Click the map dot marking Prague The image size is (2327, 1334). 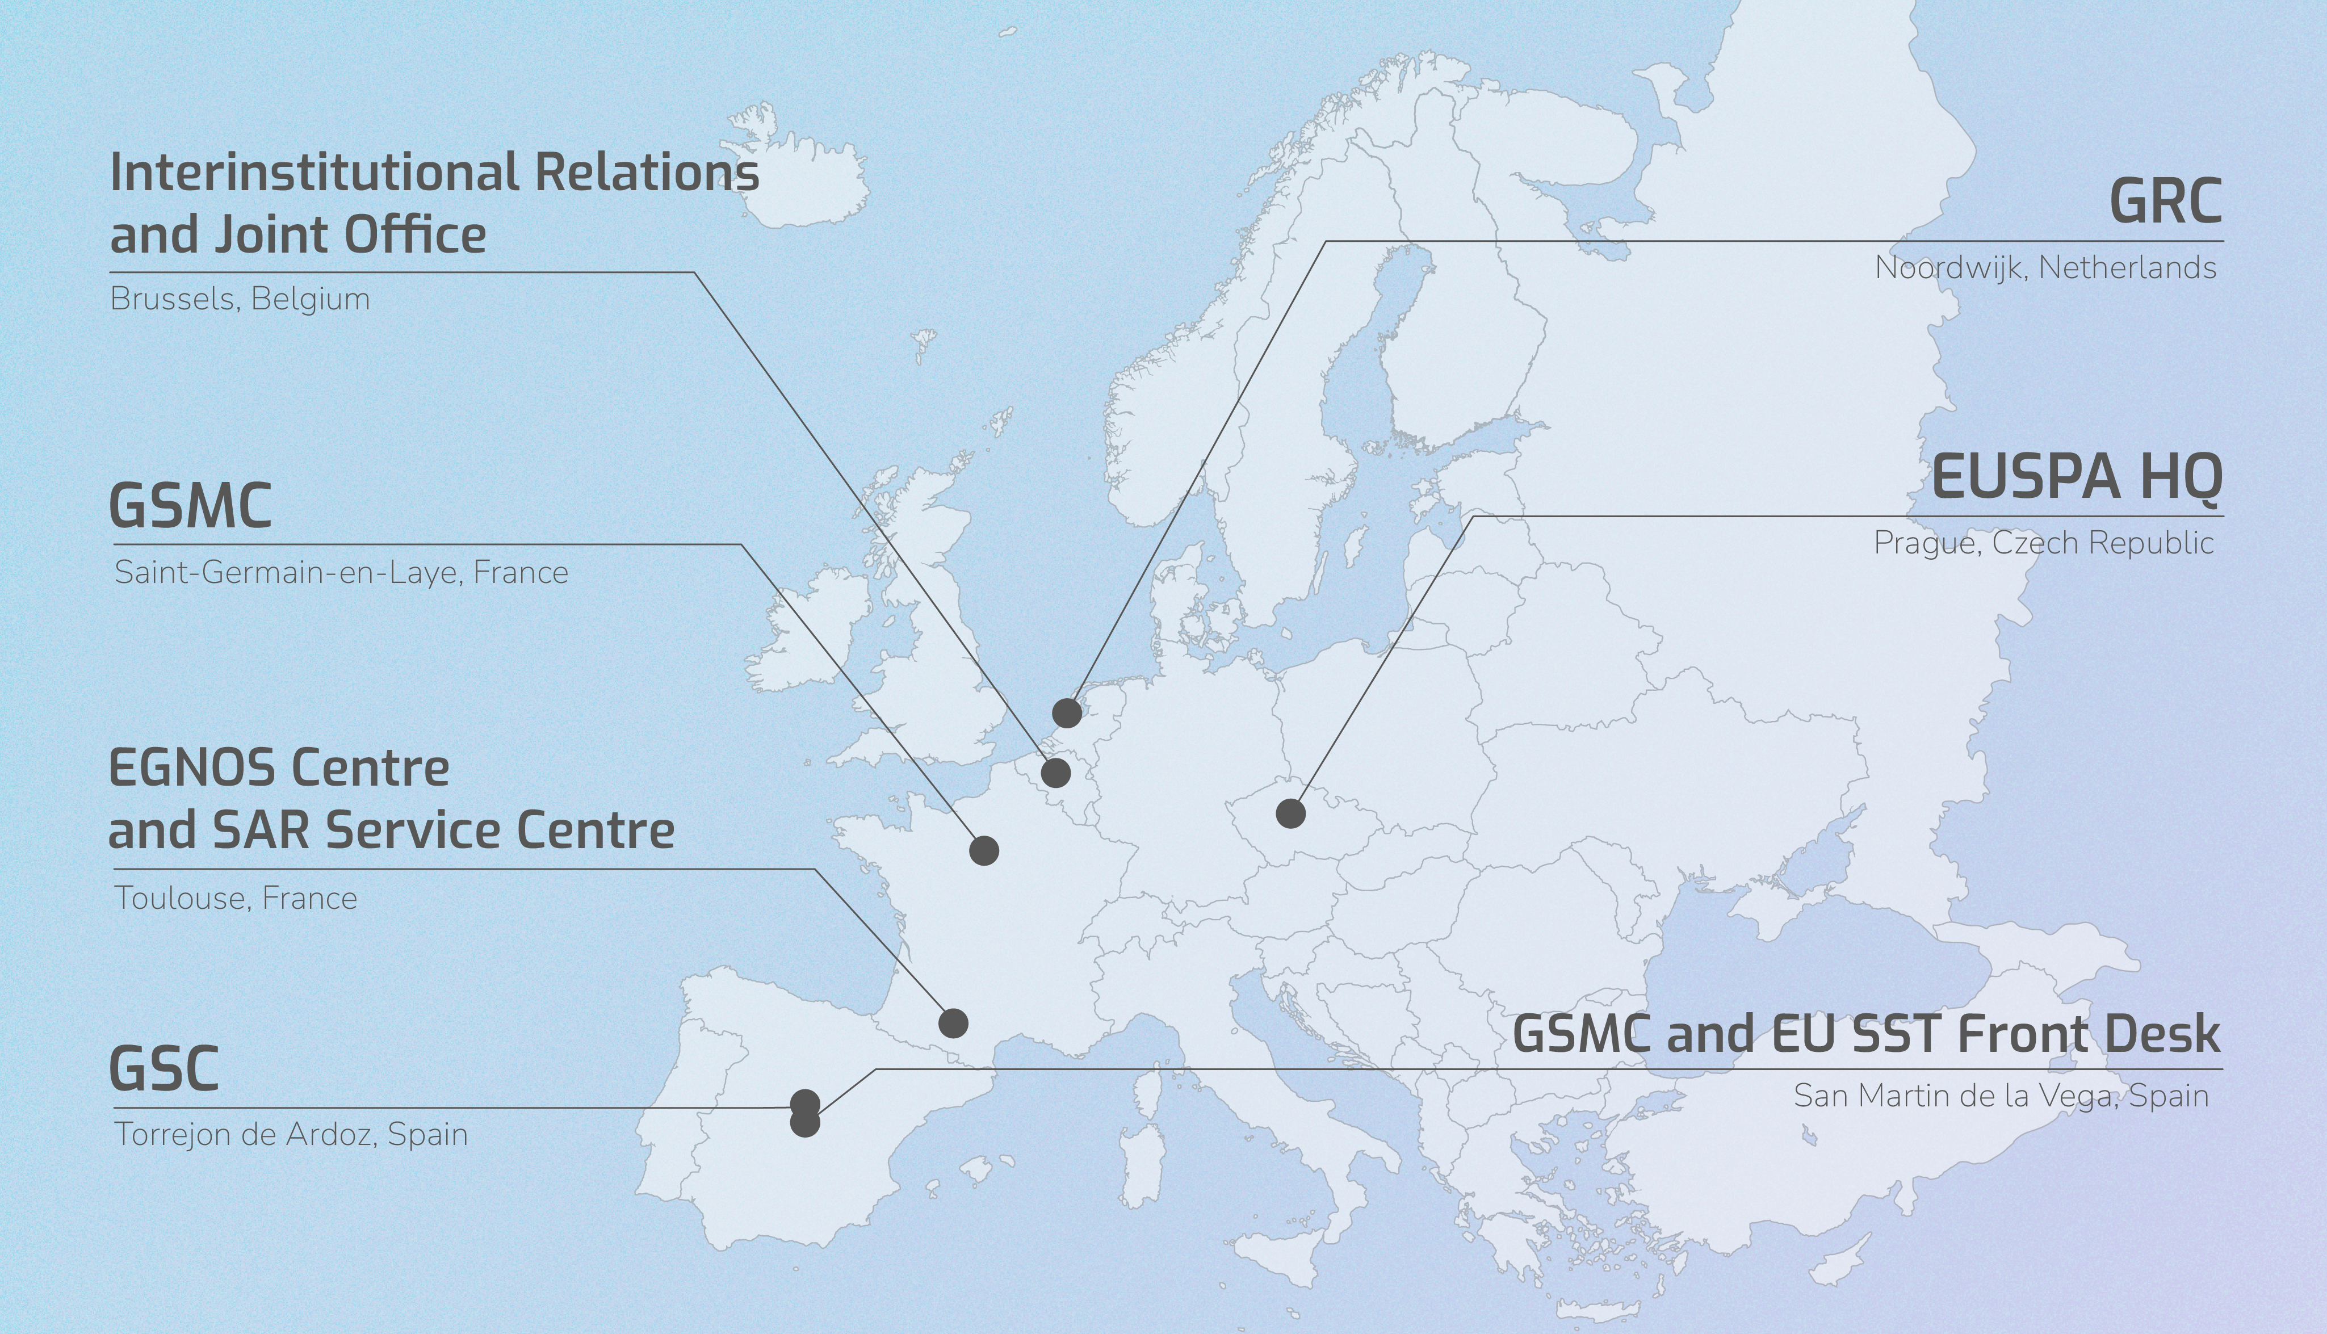[x=1290, y=813]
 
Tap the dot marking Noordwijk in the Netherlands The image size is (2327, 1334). [x=1066, y=712]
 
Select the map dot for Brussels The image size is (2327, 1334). [x=1055, y=773]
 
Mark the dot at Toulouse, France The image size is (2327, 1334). [x=953, y=1022]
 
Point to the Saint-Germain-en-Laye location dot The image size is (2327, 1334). [x=983, y=850]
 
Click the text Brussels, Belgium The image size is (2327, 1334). [x=240, y=300]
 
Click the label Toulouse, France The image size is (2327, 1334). [x=236, y=898]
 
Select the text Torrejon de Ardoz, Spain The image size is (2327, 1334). [x=291, y=1134]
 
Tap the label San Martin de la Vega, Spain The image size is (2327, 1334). [x=2000, y=1096]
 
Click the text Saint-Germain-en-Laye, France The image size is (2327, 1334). [x=341, y=573]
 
